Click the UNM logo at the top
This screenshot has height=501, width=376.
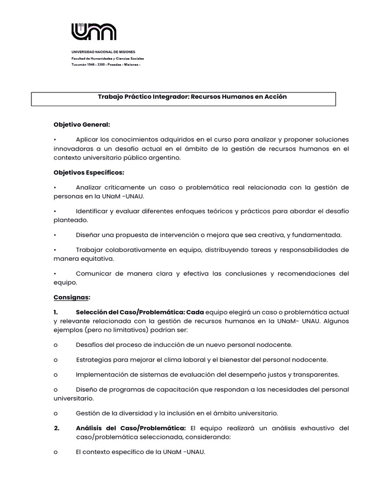click(94, 32)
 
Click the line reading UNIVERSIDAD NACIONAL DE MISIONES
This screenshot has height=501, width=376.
click(103, 52)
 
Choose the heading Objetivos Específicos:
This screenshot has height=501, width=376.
click(89, 172)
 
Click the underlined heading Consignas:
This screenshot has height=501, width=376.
click(72, 297)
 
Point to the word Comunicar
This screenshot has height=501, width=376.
click(94, 273)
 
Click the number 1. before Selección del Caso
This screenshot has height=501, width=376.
click(56, 312)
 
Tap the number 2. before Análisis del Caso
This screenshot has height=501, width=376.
click(57, 428)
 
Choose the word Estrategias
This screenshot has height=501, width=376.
click(94, 360)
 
